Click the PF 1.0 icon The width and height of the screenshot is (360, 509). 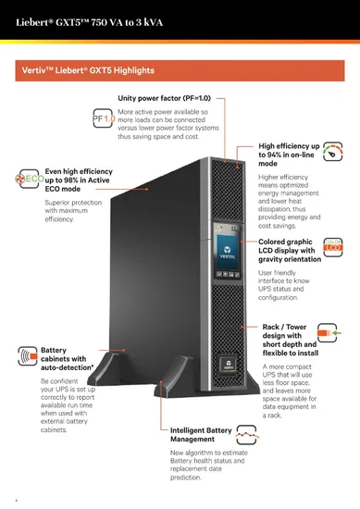pyautogui.click(x=103, y=119)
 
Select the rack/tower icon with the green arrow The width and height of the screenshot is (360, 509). pyautogui.click(x=329, y=331)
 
